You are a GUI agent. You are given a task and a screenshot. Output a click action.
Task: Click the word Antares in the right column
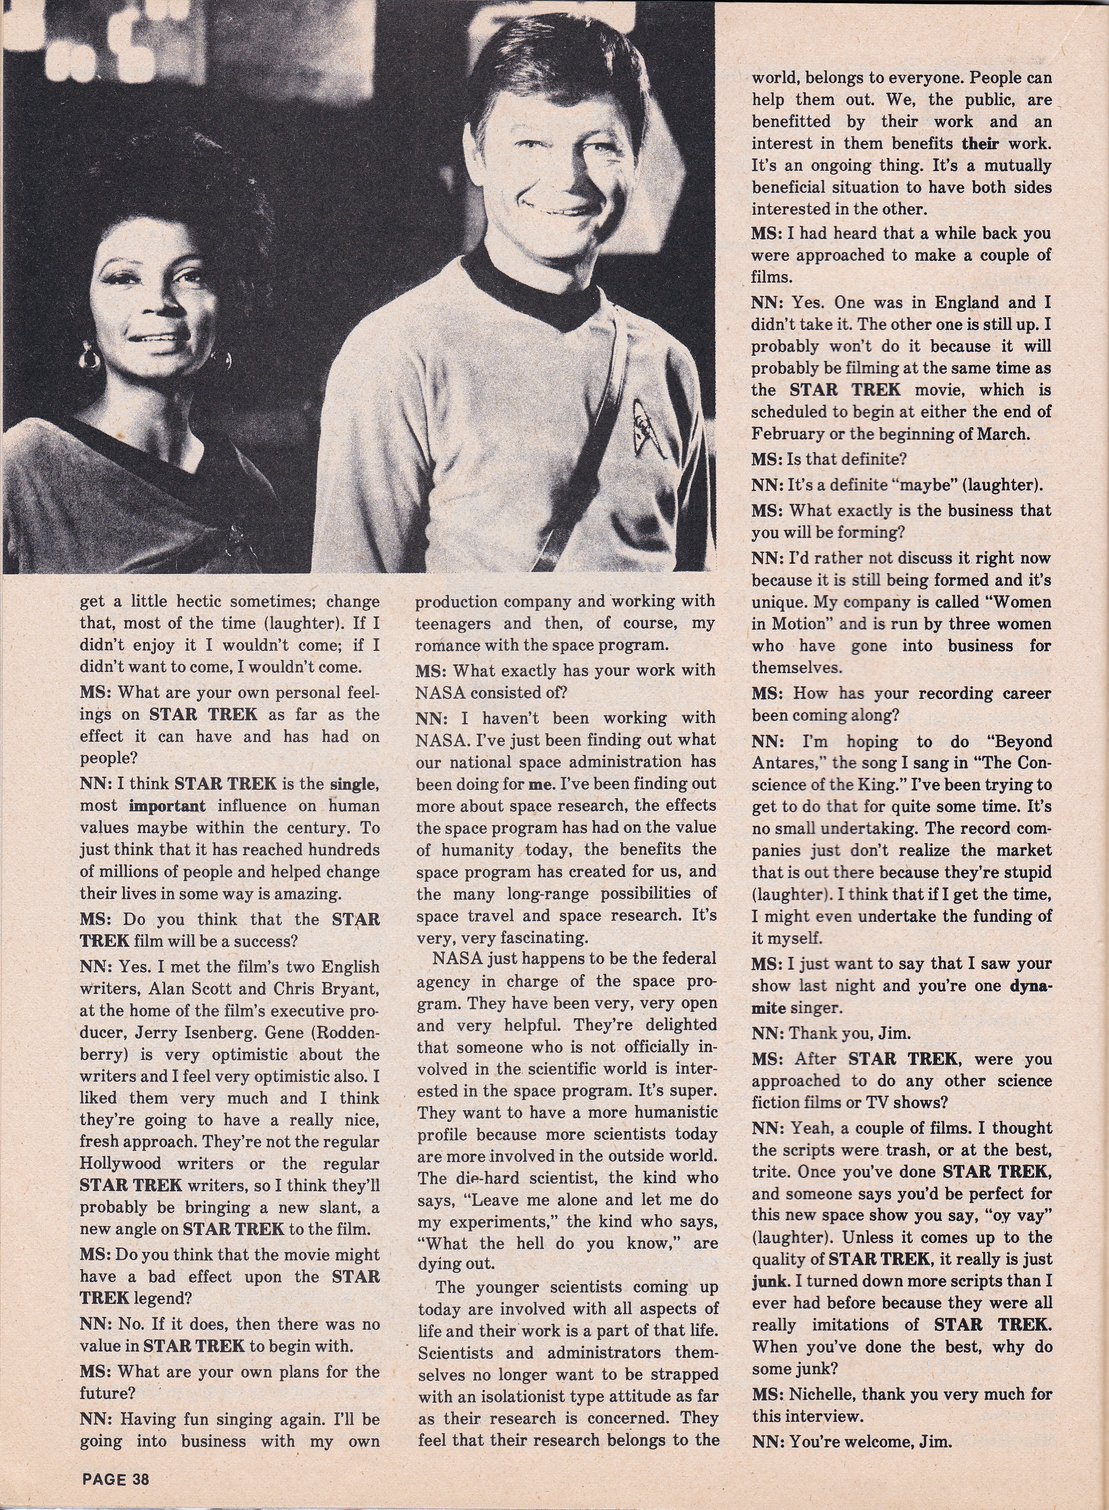[789, 762]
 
